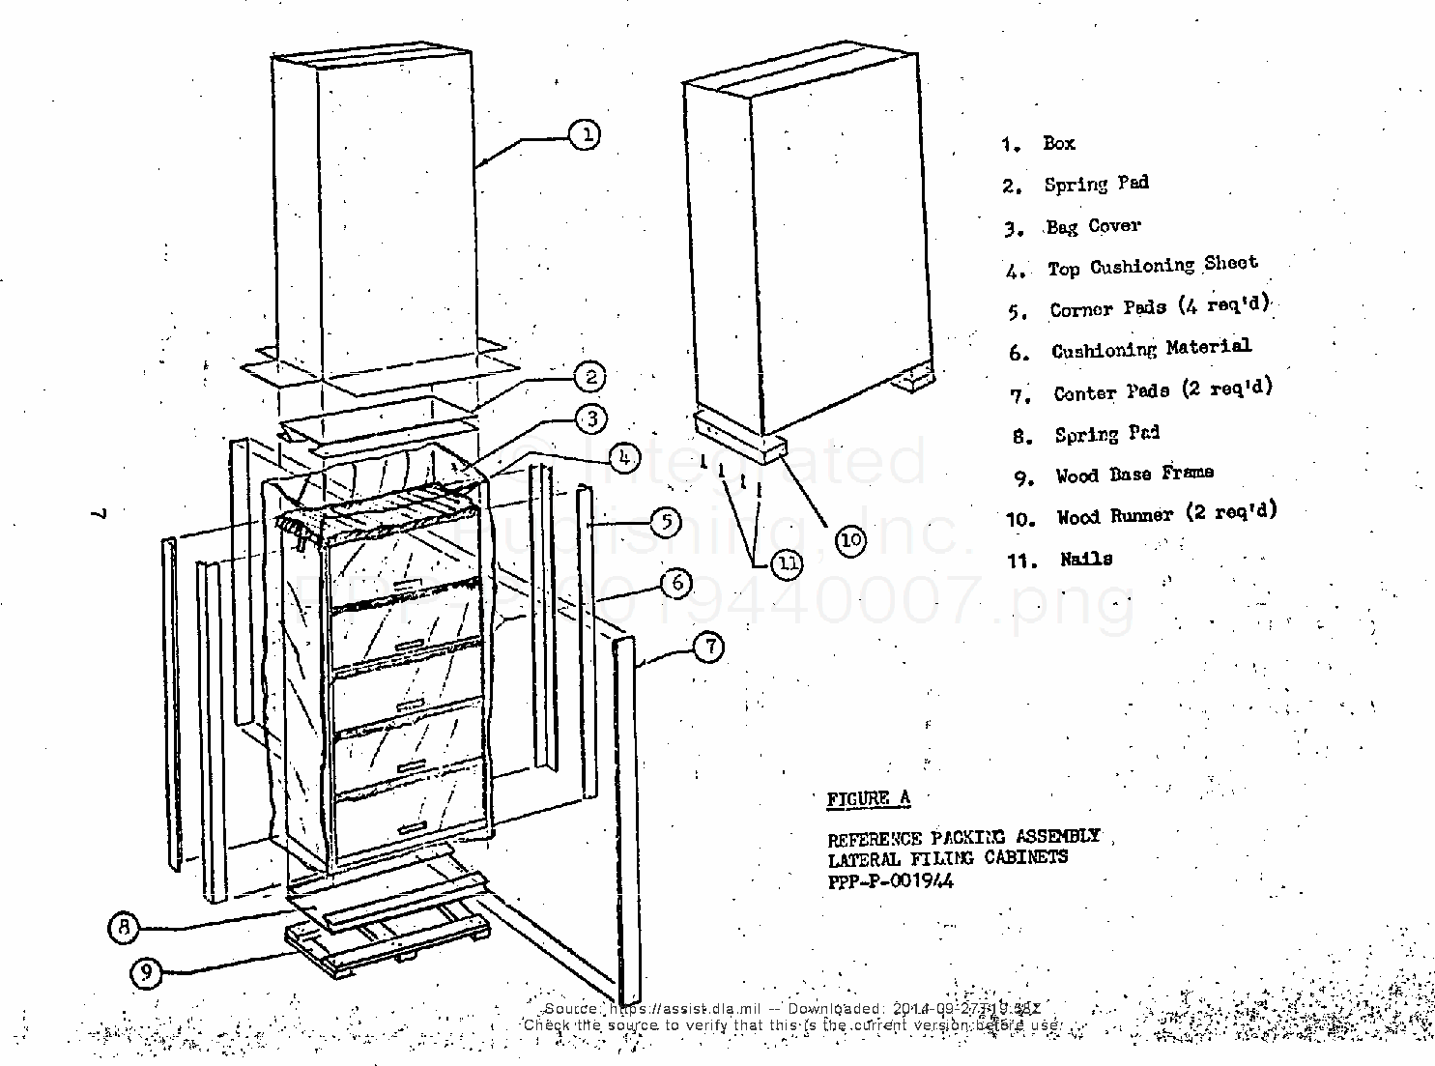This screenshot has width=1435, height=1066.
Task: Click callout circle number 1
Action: point(585,133)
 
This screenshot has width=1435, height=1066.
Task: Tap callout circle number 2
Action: point(589,377)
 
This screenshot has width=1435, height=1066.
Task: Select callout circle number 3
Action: point(590,418)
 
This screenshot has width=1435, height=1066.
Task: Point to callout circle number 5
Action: point(666,523)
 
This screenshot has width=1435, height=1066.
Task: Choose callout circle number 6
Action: point(676,583)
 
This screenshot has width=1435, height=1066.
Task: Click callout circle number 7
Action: point(709,647)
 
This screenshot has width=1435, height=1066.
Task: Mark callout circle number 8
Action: point(124,928)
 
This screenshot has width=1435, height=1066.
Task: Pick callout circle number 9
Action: point(146,971)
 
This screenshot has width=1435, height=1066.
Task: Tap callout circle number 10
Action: point(850,540)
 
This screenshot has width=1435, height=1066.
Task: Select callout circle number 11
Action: point(788,562)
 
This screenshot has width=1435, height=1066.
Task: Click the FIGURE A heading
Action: point(868,798)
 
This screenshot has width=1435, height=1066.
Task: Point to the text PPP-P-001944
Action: point(890,880)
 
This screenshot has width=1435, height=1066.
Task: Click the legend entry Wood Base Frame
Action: point(1134,475)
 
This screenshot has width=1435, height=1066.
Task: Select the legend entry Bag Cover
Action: point(1092,226)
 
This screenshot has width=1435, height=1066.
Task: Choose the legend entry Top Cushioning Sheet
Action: point(1152,266)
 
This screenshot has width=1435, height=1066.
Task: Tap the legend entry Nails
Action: point(1085,559)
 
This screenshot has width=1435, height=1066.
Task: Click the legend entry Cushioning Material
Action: point(1150,349)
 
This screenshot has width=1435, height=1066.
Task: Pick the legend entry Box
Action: point(1058,143)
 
